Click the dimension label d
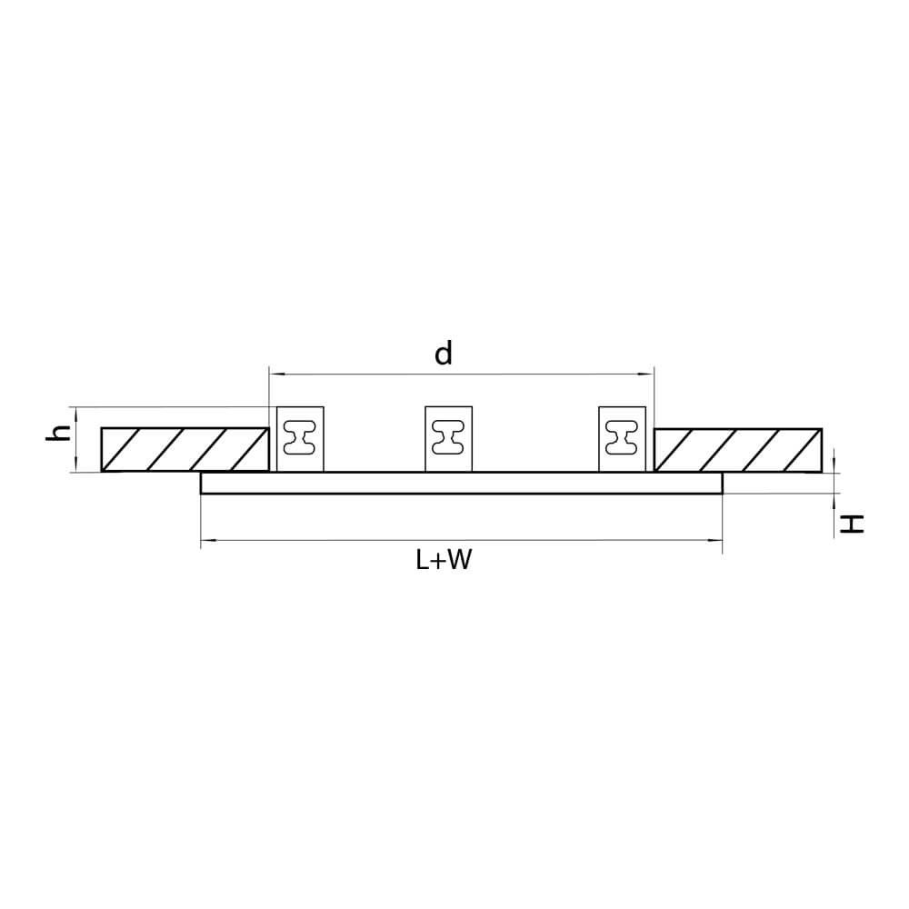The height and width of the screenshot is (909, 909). coord(444,353)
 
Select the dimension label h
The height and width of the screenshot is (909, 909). coord(58,433)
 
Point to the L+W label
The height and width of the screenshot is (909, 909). coord(444,560)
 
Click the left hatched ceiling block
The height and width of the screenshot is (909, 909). coord(185,450)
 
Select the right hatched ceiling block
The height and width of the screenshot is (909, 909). coord(738,450)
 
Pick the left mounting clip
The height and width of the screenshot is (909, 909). coord(300,439)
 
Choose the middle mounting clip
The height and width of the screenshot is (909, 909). coord(449,439)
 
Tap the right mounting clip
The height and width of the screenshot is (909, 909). coord(622,439)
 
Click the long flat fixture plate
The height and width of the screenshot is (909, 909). coord(462,483)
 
